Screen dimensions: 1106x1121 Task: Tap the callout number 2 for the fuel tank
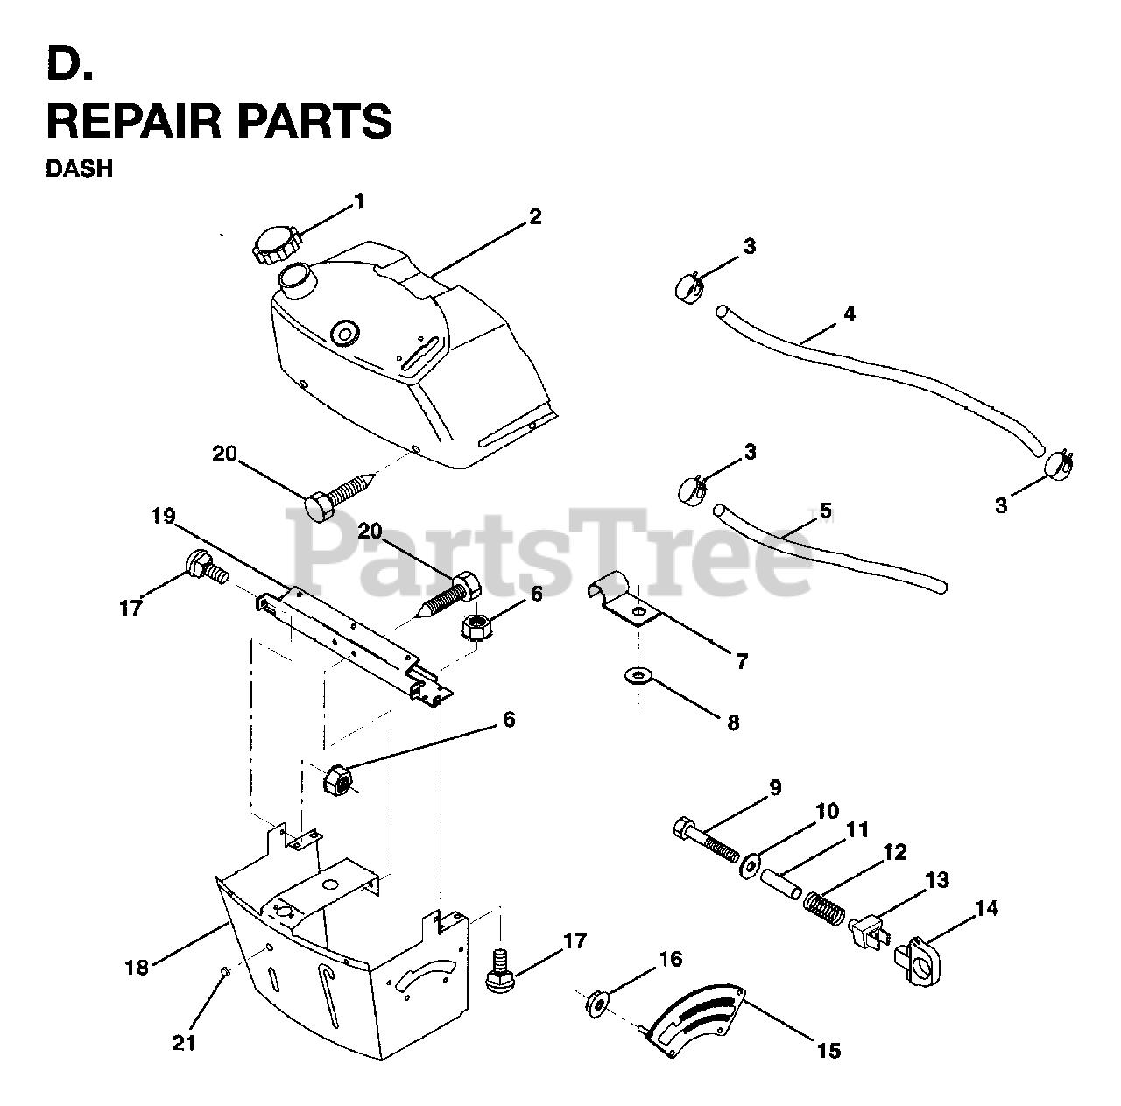pos(534,217)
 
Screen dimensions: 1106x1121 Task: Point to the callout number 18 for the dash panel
pos(137,967)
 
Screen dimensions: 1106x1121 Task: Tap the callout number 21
pos(184,1043)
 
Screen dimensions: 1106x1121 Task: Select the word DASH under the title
pos(79,168)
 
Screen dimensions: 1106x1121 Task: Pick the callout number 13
pos(936,879)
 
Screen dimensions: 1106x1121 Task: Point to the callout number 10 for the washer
pos(827,810)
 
